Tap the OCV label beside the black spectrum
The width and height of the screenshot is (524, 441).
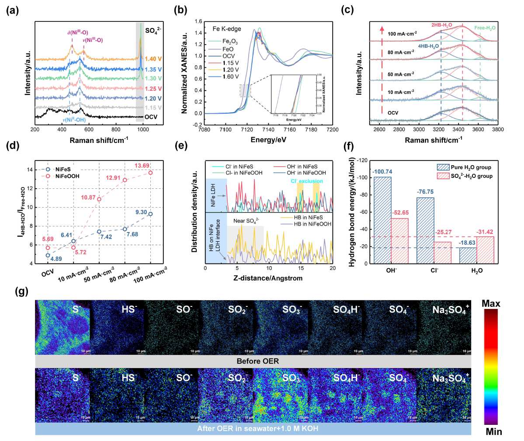coord(151,117)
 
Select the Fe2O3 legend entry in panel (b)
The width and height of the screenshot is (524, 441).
coord(230,42)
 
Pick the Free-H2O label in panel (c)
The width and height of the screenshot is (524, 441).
coord(485,28)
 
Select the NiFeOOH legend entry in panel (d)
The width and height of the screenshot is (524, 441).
coord(64,176)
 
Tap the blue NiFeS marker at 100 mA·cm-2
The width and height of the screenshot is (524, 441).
coord(151,214)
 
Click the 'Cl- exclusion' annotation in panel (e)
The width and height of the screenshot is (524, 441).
coord(307,181)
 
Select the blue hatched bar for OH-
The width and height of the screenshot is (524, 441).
coord(383,220)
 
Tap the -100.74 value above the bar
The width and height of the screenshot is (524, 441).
coord(382,171)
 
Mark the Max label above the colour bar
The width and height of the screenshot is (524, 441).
coord(491,304)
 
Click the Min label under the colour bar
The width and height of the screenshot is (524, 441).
coord(493,432)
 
